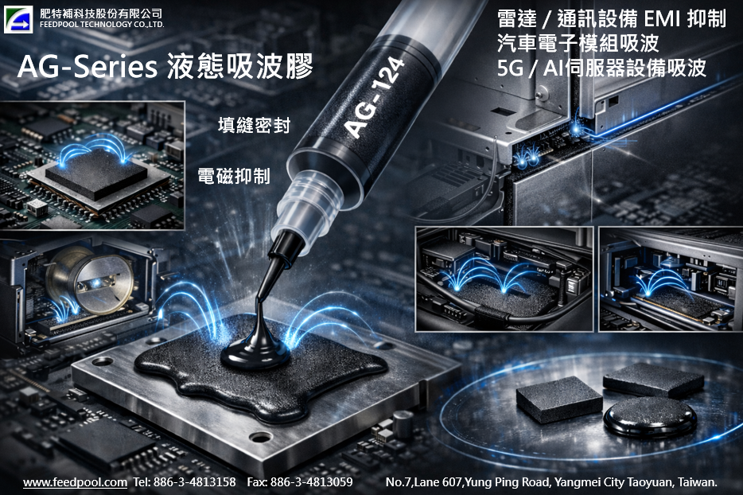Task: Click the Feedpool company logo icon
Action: (x=18, y=19)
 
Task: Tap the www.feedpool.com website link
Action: (x=76, y=482)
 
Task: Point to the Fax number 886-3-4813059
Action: (x=311, y=482)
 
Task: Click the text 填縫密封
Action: (x=254, y=125)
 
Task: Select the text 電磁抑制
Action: (x=234, y=176)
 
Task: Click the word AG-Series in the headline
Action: (x=88, y=66)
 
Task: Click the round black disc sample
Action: (x=650, y=416)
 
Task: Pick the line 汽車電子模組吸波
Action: (x=578, y=43)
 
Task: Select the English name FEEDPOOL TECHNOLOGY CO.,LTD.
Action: (x=102, y=25)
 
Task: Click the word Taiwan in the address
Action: (x=698, y=482)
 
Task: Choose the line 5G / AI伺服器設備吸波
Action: (x=601, y=68)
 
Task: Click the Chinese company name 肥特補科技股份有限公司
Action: (x=101, y=14)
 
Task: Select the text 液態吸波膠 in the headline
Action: (x=239, y=66)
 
